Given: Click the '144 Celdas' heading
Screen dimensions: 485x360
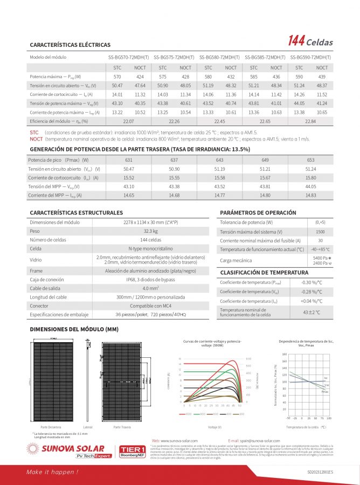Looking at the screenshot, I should click(x=310, y=42).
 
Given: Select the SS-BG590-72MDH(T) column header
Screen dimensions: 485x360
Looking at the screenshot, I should click(x=310, y=57).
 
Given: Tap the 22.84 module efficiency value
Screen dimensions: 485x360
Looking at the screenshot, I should click(x=310, y=122).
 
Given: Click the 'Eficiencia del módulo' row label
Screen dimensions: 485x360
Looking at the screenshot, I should click(x=51, y=122).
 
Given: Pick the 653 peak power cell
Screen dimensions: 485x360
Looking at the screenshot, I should click(x=310, y=160).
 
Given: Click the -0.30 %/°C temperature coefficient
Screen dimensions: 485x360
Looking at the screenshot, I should click(x=311, y=282).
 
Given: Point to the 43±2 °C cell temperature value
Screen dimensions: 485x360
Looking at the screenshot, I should click(x=311, y=312).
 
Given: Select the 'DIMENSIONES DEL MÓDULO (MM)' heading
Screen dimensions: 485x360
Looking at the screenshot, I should click(x=74, y=329).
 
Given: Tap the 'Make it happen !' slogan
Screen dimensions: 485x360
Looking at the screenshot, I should click(x=53, y=472).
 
